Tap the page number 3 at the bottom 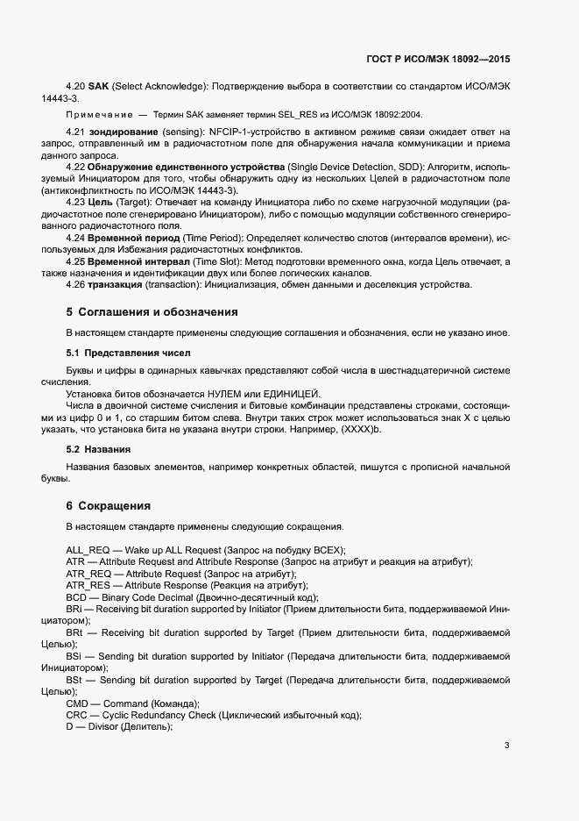point(506,746)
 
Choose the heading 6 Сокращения point(109,506)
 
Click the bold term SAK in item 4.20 point(96,87)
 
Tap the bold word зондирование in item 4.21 point(121,132)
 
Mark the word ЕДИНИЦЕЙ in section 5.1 point(293,394)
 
